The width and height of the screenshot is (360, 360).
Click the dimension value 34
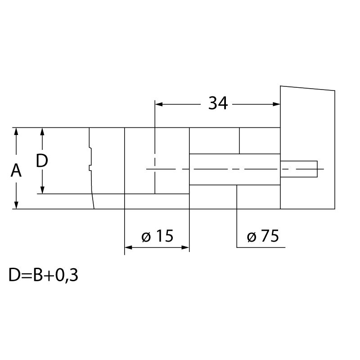click(218, 103)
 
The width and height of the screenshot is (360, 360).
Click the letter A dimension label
click(16, 171)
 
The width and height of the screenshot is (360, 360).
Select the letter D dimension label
click(42, 161)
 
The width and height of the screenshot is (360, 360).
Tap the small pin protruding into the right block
click(299, 169)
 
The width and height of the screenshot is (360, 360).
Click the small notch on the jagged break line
click(90, 168)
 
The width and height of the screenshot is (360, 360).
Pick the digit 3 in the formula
click(74, 275)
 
